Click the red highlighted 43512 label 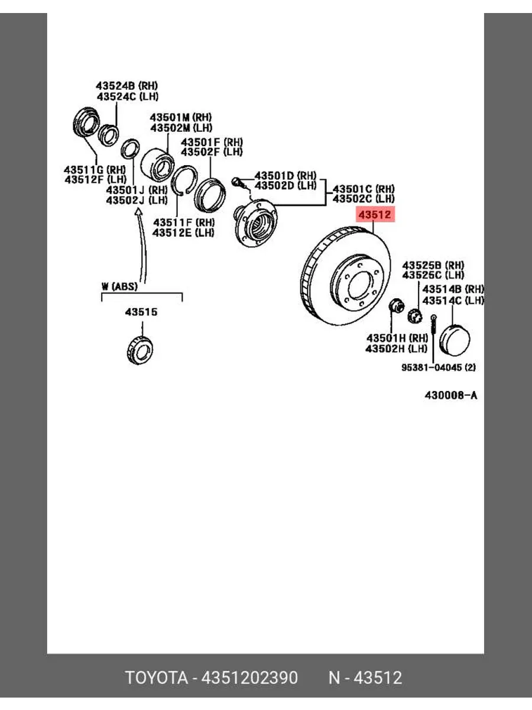point(375,215)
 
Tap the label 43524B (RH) point(126,86)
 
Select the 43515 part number point(141,312)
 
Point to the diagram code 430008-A point(450,395)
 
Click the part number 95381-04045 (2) point(439,367)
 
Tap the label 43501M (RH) point(181,117)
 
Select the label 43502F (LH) point(212,152)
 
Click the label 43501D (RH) point(286,176)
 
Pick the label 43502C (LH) point(364,199)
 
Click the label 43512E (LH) point(183,233)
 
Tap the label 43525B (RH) point(433,265)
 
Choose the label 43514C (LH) point(453,301)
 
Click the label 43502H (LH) point(396,348)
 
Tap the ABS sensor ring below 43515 point(140,350)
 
